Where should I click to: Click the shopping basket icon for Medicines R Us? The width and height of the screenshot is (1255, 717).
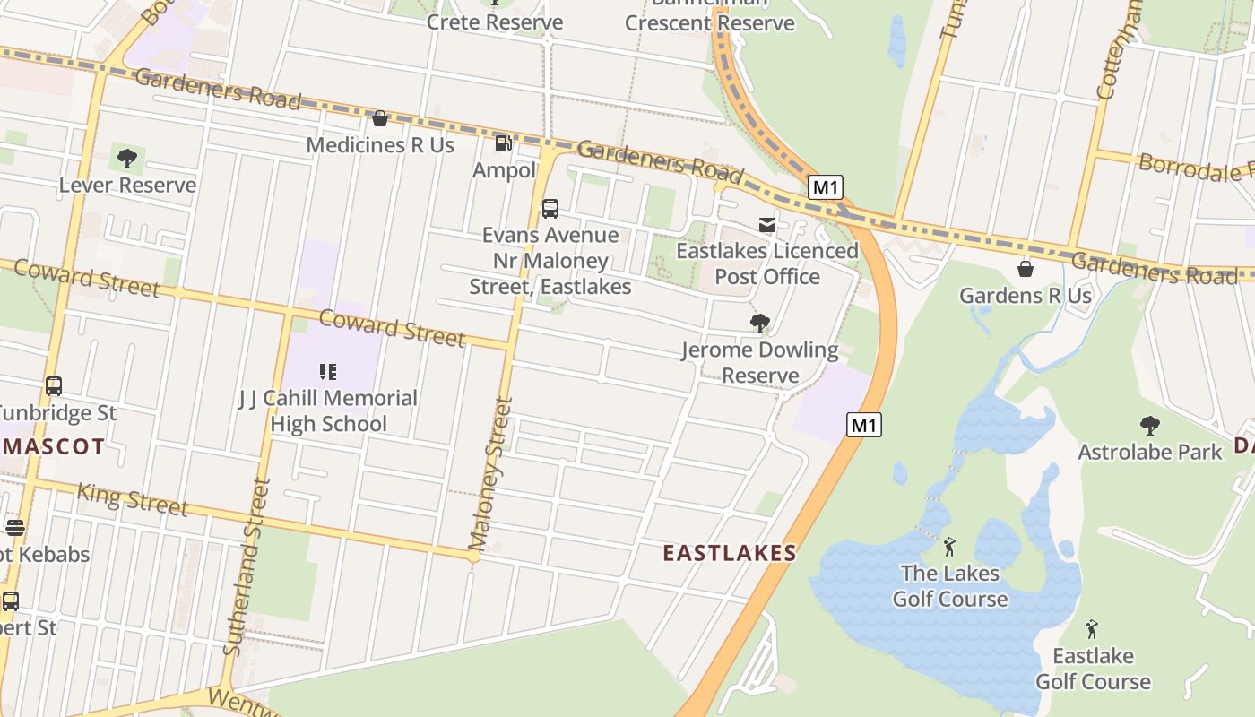tap(380, 118)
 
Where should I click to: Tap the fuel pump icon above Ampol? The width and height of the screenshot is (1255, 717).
tap(504, 143)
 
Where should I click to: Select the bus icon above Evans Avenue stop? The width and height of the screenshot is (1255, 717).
tap(550, 209)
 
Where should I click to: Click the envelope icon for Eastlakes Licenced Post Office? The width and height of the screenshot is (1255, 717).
tap(767, 225)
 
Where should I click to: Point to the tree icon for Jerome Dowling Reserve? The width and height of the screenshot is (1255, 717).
tap(760, 324)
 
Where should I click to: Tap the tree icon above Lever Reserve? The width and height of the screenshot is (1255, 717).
tap(127, 159)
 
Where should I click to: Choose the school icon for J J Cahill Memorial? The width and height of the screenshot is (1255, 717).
tap(328, 371)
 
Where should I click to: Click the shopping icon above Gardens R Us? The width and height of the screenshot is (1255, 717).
tap(1026, 269)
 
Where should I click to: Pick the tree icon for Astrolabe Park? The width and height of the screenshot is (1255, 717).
tap(1150, 426)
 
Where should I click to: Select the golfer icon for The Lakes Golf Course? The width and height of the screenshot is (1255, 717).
tap(950, 547)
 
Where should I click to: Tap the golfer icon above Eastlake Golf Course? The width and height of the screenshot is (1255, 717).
tap(1092, 629)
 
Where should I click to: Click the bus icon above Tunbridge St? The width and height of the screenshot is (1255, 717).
tap(54, 386)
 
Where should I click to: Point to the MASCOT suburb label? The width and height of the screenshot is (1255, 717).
tap(52, 446)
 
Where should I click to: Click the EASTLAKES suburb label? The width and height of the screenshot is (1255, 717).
tap(730, 553)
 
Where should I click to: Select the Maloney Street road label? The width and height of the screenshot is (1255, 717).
tap(490, 475)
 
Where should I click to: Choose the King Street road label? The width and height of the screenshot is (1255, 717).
tap(133, 499)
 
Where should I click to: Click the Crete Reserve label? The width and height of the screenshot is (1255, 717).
tap(495, 22)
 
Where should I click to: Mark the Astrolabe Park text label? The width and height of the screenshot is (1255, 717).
tap(1150, 452)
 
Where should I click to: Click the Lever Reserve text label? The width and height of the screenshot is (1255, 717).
tap(127, 185)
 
